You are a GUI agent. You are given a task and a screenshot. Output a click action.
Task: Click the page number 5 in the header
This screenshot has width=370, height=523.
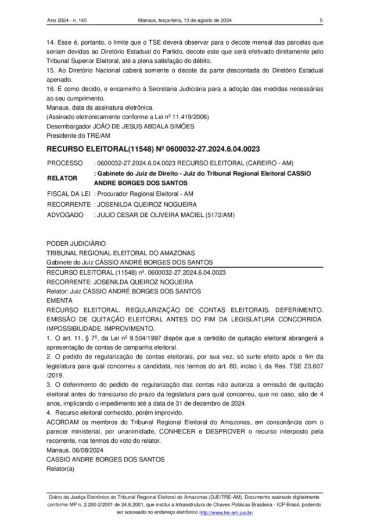321,22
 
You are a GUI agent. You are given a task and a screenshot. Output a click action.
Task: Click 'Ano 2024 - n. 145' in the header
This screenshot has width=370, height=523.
68,22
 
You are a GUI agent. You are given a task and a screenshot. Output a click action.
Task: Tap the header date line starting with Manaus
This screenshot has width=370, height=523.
185,22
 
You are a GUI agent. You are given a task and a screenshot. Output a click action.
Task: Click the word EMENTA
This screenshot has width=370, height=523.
59,301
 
